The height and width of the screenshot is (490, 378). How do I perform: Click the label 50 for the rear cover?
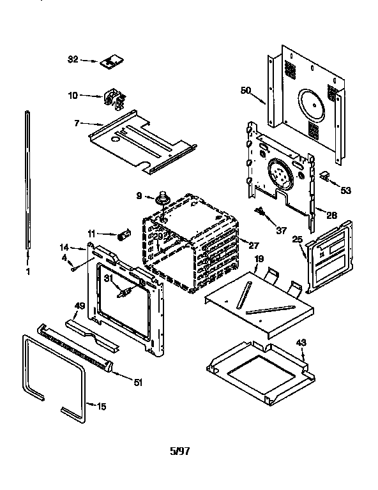(x=245, y=91)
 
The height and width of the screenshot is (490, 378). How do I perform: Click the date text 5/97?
(x=179, y=451)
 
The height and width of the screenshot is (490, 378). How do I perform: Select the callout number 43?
(x=301, y=343)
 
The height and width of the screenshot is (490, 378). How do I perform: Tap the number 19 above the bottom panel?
(x=259, y=258)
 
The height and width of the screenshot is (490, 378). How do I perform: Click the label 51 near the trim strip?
(x=137, y=383)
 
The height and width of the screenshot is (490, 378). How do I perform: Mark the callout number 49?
(x=80, y=306)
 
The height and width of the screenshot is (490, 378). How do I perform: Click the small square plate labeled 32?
(x=110, y=61)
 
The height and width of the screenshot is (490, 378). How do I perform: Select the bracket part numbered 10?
(x=113, y=100)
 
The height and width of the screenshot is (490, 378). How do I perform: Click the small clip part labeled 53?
(x=325, y=175)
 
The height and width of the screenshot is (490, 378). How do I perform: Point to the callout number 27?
(x=253, y=244)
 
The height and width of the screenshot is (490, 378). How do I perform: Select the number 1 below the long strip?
(x=27, y=271)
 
